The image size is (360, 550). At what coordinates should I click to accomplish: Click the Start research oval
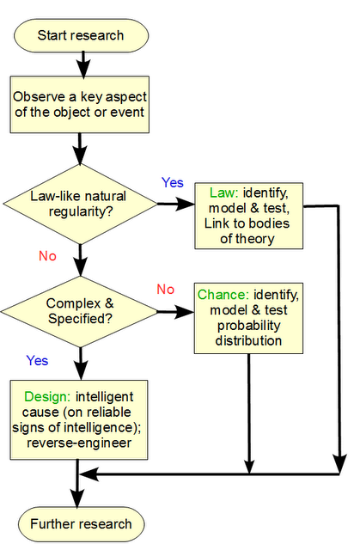[82, 35]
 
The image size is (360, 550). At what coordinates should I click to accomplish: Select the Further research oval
[82, 524]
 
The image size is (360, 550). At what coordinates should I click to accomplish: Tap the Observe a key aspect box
[80, 105]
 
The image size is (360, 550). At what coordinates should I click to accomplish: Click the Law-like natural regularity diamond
[80, 205]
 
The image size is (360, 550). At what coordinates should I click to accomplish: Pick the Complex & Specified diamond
[80, 311]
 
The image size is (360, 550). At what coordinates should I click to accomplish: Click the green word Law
[224, 192]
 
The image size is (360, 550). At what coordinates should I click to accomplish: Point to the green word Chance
[223, 295]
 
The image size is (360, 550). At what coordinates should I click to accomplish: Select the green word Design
[47, 397]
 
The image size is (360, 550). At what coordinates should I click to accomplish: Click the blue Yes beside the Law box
[173, 182]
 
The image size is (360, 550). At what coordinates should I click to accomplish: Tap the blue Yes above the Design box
[37, 360]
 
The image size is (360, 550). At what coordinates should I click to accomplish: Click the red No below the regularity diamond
[47, 256]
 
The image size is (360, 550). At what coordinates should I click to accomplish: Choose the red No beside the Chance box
[166, 289]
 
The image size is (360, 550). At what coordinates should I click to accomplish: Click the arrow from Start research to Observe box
[83, 64]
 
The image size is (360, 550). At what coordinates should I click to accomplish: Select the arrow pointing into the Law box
[176, 204]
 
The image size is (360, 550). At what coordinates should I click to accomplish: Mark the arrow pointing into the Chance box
[175, 311]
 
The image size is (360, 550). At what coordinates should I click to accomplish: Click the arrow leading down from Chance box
[249, 414]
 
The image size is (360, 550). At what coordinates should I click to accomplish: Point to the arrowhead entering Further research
[77, 498]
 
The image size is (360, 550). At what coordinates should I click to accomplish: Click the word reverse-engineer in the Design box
[79, 443]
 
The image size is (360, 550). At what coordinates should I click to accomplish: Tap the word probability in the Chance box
[248, 326]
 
